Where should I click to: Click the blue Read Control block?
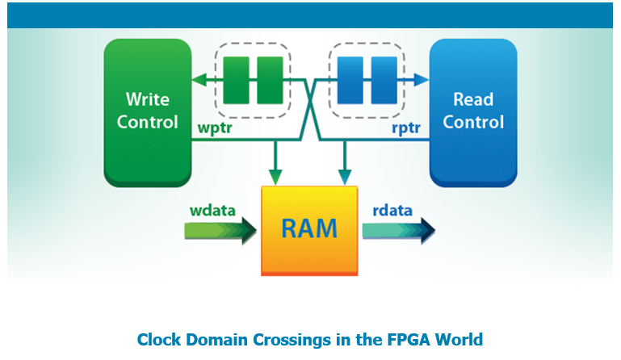(x=472, y=111)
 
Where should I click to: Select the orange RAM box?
(x=309, y=229)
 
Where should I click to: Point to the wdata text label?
(x=212, y=211)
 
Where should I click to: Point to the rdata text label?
(x=392, y=211)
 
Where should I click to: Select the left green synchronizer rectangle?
(x=236, y=80)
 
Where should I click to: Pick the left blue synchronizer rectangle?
(x=350, y=80)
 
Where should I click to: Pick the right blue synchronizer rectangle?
(x=384, y=80)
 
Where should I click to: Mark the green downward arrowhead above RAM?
(x=276, y=177)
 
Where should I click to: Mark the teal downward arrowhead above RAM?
(x=345, y=177)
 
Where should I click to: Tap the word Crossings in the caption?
(x=280, y=340)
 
